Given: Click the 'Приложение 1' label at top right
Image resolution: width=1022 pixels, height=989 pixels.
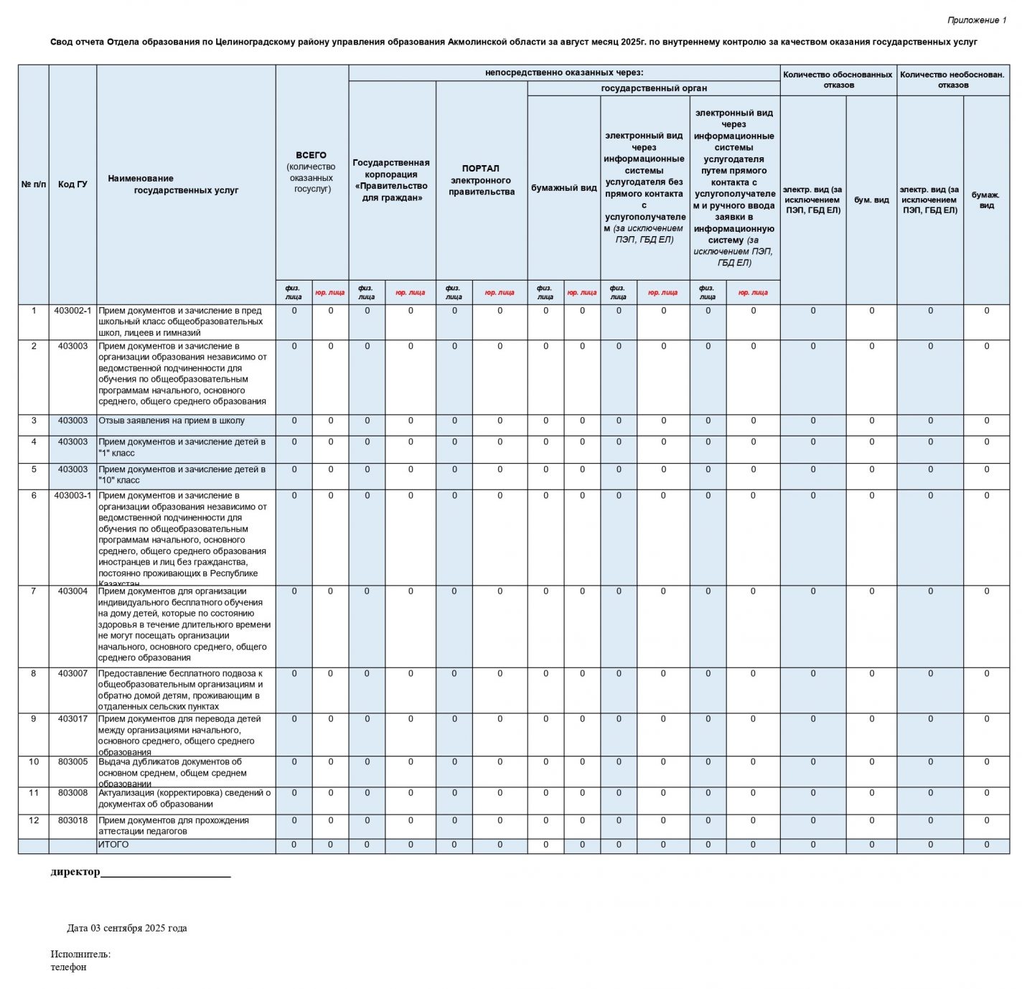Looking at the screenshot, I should tap(976, 20).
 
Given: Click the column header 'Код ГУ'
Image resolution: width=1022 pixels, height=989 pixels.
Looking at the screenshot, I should tap(72, 184).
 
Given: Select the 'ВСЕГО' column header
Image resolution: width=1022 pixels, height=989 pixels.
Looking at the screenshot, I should tap(311, 155).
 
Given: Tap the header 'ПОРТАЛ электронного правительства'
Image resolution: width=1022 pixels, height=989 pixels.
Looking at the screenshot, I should tap(481, 180).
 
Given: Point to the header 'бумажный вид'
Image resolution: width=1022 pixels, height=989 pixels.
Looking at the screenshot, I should tap(563, 188).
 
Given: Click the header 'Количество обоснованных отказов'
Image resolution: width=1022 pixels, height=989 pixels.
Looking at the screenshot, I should tap(838, 80).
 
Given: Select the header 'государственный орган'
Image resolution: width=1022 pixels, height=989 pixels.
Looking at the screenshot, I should tap(653, 88).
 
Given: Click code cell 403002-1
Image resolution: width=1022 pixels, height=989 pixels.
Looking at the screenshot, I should tap(72, 311).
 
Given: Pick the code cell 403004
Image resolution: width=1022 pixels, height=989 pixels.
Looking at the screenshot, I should tap(72, 591).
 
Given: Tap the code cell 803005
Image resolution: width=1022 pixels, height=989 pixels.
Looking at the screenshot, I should tap(72, 761).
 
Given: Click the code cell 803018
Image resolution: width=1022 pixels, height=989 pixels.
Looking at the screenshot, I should tap(72, 820).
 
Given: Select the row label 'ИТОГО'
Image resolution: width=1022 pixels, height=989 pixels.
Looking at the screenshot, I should tap(113, 845).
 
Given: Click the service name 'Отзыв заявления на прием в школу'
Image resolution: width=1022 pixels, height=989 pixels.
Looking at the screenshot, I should tap(172, 421).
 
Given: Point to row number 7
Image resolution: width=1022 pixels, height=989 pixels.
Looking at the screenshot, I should tap(34, 591).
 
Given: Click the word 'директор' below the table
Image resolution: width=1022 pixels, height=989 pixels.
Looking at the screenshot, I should tap(75, 872).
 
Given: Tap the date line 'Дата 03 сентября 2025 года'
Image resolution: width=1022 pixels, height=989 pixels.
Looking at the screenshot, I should tap(127, 928).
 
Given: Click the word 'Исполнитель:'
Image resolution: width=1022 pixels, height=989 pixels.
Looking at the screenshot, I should tap(80, 954).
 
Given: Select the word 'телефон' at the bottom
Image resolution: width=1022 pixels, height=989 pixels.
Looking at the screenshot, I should tap(68, 967).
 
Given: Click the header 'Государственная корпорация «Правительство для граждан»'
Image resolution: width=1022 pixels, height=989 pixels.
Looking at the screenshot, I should tap(391, 180).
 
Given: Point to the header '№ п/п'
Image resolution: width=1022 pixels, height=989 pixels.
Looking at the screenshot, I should tap(34, 184).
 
